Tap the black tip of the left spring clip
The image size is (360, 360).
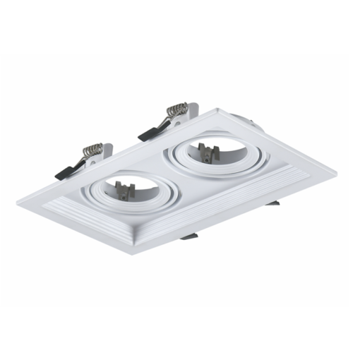(x=61, y=172)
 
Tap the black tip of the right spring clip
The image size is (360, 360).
(x=147, y=132)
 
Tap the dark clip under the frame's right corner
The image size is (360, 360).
(x=272, y=203)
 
